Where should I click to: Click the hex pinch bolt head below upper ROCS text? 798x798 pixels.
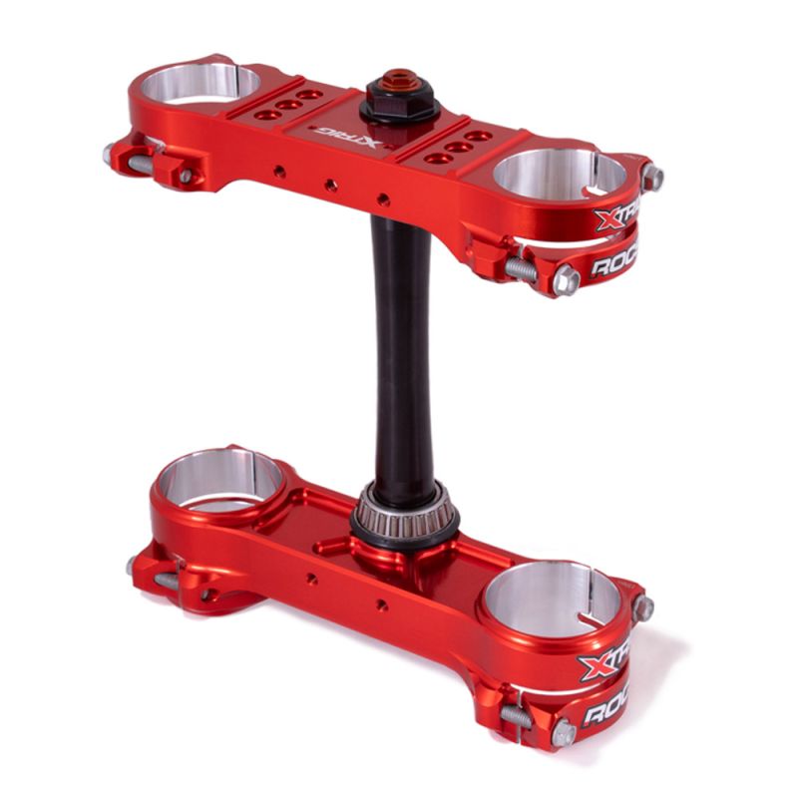(567, 280)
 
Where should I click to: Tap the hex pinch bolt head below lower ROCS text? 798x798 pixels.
(564, 734)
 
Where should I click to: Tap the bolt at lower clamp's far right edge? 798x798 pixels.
(645, 605)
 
